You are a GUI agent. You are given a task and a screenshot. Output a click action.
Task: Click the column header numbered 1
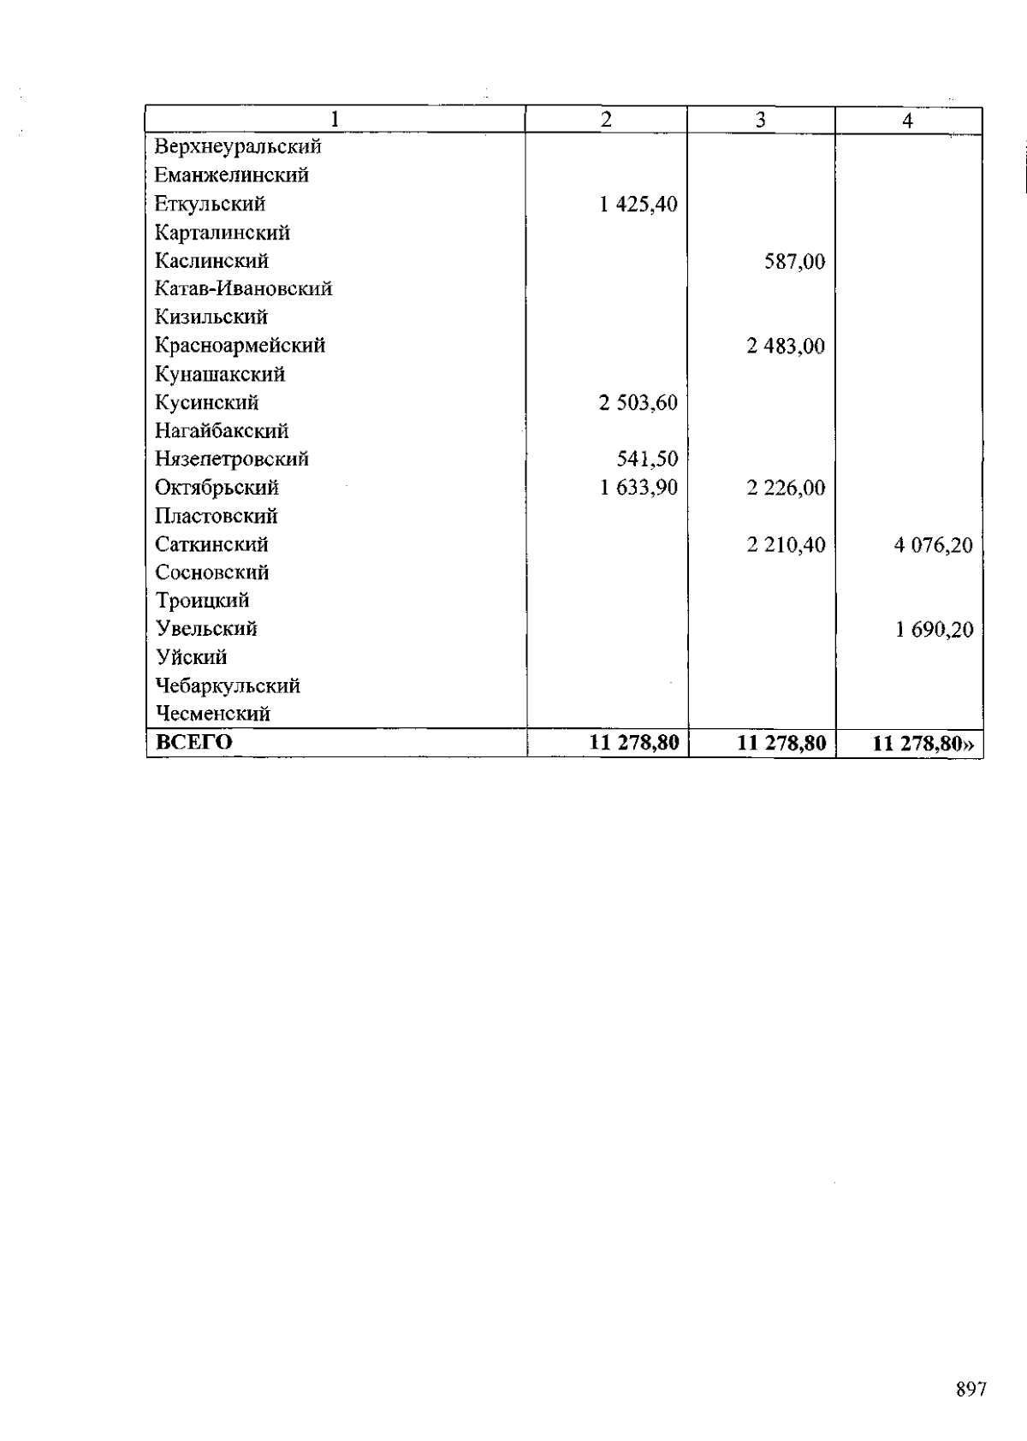click(x=335, y=120)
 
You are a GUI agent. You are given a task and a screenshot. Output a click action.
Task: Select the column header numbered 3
click(x=760, y=121)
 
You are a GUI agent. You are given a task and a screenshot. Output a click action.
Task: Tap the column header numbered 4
click(x=907, y=122)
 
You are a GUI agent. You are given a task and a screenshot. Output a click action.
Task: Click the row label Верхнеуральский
click(x=238, y=146)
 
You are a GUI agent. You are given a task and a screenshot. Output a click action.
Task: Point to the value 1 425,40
click(x=638, y=205)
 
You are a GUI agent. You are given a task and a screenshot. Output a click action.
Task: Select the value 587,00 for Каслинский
click(x=795, y=261)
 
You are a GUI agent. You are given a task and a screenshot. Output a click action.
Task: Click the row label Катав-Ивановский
click(x=243, y=289)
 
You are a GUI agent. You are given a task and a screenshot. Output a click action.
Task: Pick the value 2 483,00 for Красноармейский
click(x=786, y=347)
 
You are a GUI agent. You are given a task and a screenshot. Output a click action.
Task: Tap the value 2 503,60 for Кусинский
click(x=638, y=403)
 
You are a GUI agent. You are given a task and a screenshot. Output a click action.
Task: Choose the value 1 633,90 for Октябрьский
click(x=638, y=488)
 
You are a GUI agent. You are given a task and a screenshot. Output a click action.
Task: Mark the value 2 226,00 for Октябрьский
click(x=786, y=489)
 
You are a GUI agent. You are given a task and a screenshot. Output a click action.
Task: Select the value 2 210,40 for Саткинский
click(x=786, y=545)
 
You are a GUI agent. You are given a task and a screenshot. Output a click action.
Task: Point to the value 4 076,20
click(x=934, y=545)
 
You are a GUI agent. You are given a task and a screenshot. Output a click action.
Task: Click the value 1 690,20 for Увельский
click(x=935, y=631)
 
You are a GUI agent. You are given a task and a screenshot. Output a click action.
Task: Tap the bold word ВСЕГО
click(x=194, y=742)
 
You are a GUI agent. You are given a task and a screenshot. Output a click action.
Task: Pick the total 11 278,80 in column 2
click(x=634, y=743)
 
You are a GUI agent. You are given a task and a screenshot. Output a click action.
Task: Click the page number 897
click(x=971, y=1390)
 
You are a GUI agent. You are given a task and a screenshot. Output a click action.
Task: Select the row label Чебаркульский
click(x=228, y=686)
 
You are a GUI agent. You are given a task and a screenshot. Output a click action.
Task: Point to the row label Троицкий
click(x=202, y=602)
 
